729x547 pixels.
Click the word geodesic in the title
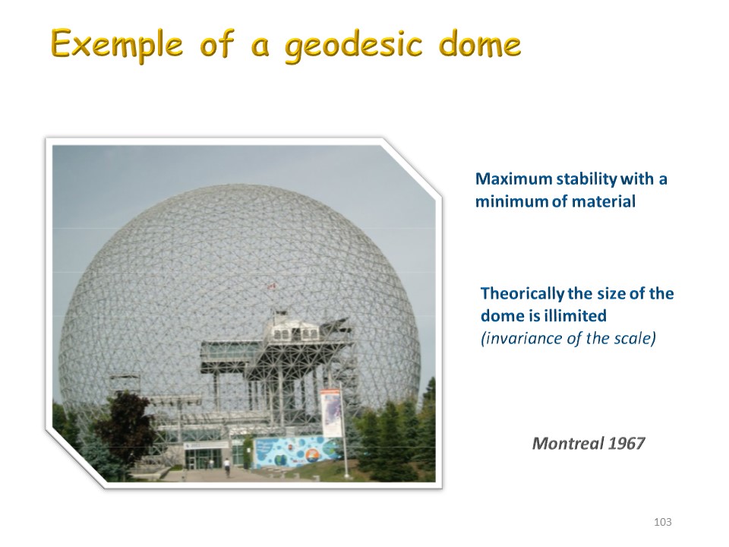point(353,46)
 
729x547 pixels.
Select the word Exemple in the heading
point(117,45)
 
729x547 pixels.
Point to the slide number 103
point(662,522)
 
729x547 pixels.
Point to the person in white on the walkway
point(226,465)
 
